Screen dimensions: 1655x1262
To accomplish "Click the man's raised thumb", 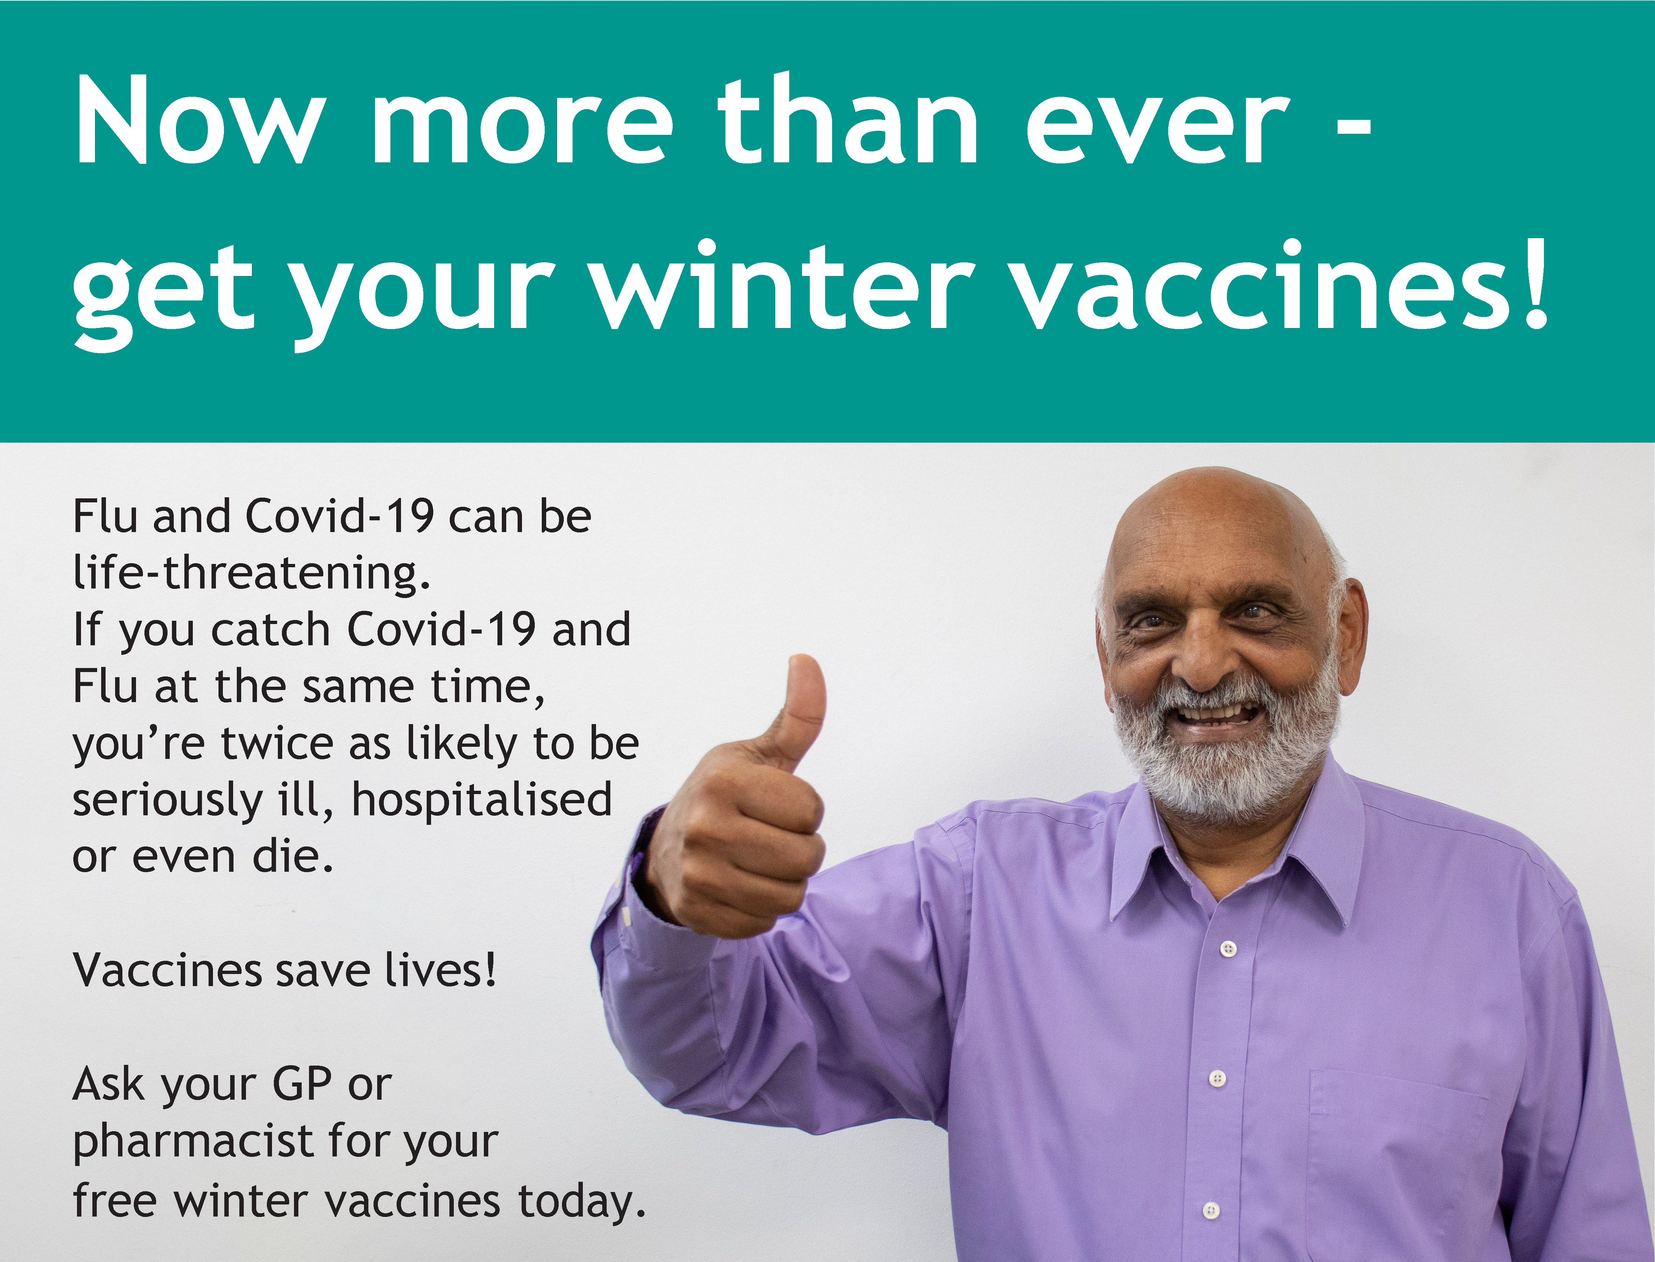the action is click(x=800, y=706).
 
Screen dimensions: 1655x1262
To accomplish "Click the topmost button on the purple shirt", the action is click(x=1228, y=949).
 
